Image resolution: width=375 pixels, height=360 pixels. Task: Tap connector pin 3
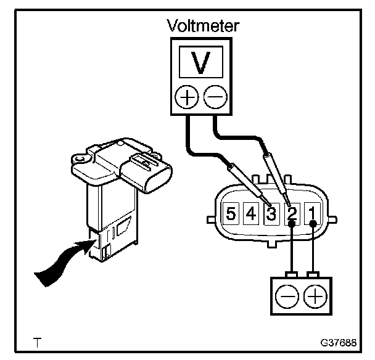271,215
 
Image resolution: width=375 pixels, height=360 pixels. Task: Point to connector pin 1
313,215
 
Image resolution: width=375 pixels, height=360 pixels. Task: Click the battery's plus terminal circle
315,297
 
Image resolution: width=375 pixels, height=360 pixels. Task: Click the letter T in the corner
39,341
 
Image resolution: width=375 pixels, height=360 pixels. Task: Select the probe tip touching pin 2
287,203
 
